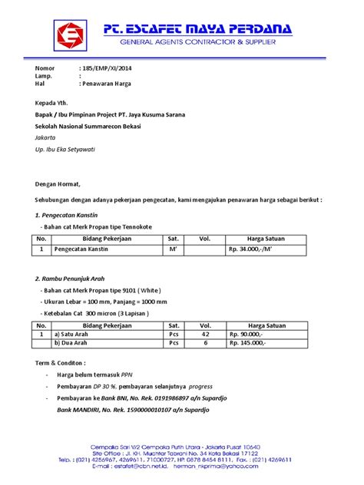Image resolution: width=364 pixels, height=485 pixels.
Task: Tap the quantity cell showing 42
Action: click(x=204, y=335)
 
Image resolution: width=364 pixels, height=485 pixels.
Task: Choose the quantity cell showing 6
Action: click(x=204, y=344)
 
